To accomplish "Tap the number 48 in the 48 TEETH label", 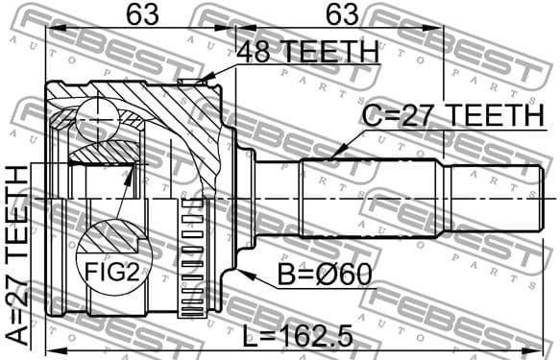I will [x=258, y=53].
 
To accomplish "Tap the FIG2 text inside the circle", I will [x=113, y=273].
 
